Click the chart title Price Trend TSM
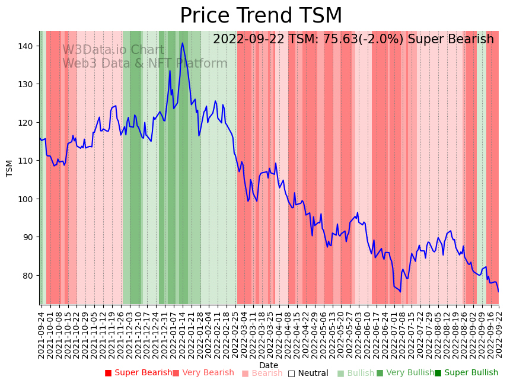click(x=261, y=16)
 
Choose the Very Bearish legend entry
click(x=203, y=373)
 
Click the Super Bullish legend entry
click(x=467, y=373)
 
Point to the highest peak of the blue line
click(x=183, y=43)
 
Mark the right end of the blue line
click(x=498, y=291)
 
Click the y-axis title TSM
click(x=9, y=168)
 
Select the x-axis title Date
click(x=269, y=365)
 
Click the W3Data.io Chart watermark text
click(x=113, y=50)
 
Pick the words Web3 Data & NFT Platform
click(x=136, y=63)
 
